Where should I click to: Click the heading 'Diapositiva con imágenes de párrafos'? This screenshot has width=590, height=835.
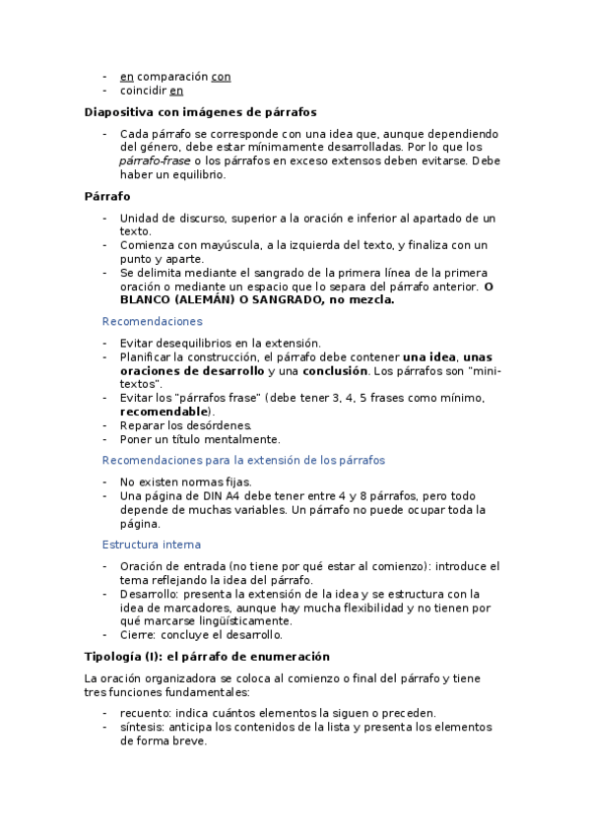pyautogui.click(x=200, y=112)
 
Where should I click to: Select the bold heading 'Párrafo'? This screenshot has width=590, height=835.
pyautogui.click(x=108, y=196)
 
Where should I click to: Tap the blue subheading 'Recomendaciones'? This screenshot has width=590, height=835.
pyautogui.click(x=153, y=321)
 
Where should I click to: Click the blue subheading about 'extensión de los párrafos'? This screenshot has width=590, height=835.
pyautogui.click(x=243, y=460)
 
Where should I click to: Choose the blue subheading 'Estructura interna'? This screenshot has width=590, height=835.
pyautogui.click(x=152, y=545)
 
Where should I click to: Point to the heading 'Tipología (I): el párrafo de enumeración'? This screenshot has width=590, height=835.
pyautogui.click(x=207, y=656)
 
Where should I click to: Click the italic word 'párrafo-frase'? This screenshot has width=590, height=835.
pyautogui.click(x=155, y=161)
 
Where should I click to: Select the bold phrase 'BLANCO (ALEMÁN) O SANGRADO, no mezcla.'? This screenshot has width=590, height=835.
pyautogui.click(x=256, y=300)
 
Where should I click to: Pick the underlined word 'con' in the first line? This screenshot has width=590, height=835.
pyautogui.click(x=222, y=77)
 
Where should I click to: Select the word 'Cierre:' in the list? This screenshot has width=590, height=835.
pyautogui.click(x=139, y=635)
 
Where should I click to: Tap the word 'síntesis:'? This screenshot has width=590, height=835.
pyautogui.click(x=142, y=727)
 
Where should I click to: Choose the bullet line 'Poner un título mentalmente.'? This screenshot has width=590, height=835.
pyautogui.click(x=200, y=439)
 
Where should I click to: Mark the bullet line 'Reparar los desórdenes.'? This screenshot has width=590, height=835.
pyautogui.click(x=179, y=425)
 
